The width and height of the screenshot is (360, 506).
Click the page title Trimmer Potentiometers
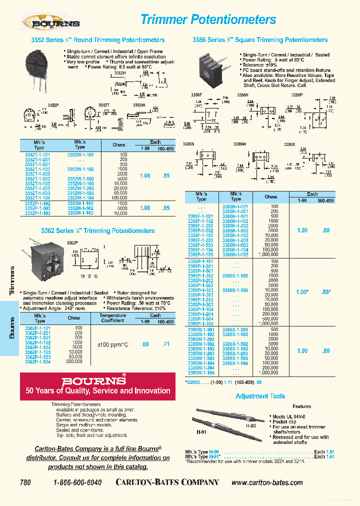[x=208, y=19]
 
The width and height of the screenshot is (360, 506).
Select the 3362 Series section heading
[x=97, y=231]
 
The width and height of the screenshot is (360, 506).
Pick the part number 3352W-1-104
[x=80, y=198]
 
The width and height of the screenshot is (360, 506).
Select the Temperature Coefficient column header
[x=112, y=318]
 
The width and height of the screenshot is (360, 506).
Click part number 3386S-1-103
[x=234, y=290]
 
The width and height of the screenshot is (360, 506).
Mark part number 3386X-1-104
[x=234, y=363]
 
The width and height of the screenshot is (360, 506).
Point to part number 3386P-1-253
[x=199, y=299]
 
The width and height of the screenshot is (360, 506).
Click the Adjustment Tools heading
[x=260, y=396]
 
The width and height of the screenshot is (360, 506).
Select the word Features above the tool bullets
[x=301, y=406]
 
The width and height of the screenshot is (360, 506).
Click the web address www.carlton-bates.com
[x=267, y=482]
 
